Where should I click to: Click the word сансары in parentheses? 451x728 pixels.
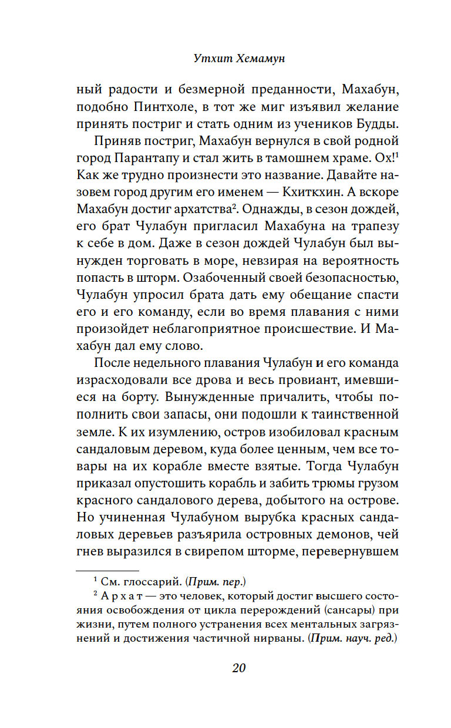(x=349, y=610)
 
